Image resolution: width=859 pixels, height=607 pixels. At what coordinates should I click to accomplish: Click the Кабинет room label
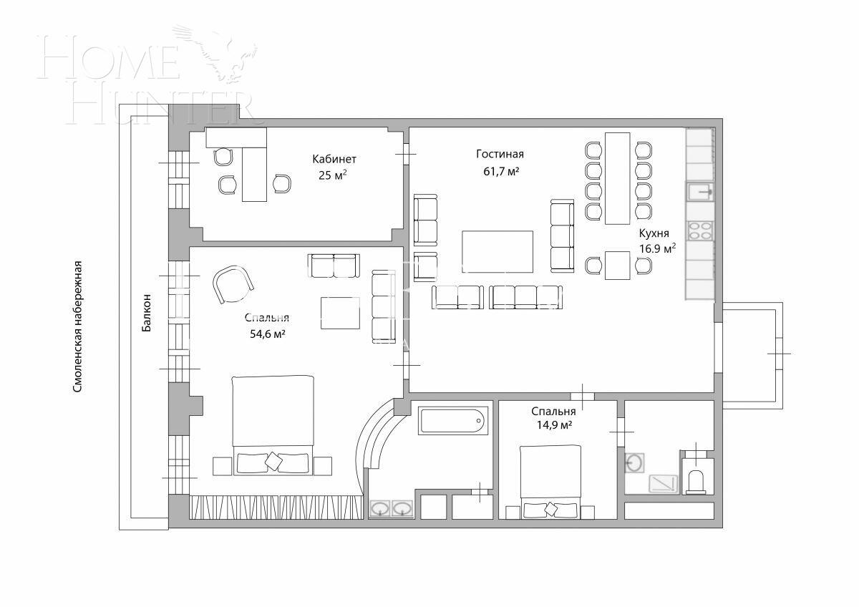(334, 159)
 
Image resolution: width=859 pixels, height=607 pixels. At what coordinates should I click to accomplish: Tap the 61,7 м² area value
(500, 172)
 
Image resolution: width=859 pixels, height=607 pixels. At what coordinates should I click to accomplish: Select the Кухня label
(654, 233)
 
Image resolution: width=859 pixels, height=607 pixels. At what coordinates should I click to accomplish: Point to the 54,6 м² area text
(265, 334)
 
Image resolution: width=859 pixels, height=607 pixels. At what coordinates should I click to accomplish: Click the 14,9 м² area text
(553, 426)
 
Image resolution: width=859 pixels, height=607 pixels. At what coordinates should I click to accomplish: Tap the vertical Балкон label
(147, 313)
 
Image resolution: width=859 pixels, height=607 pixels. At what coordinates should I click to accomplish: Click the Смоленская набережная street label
(79, 326)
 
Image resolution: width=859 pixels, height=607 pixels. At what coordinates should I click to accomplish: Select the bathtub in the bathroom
(452, 420)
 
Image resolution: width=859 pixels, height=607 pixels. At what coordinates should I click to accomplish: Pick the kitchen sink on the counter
(699, 191)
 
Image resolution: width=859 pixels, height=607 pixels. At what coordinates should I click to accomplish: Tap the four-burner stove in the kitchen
(699, 230)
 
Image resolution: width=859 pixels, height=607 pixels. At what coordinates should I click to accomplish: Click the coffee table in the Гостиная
(498, 252)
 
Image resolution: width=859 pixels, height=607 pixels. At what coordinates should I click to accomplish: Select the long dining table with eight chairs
(617, 178)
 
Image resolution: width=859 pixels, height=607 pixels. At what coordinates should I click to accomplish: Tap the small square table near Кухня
(617, 266)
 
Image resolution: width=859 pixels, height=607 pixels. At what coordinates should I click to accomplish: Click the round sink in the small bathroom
(634, 463)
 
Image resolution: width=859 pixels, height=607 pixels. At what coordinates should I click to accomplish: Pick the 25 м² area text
(333, 175)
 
